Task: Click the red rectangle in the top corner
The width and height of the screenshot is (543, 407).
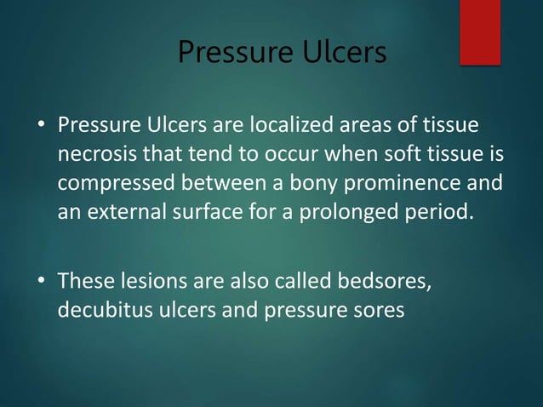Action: coord(480,32)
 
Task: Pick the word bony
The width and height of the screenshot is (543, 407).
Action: coord(328,183)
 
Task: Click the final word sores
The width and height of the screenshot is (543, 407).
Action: coord(377,309)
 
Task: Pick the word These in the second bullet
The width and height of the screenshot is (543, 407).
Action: coord(83,281)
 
